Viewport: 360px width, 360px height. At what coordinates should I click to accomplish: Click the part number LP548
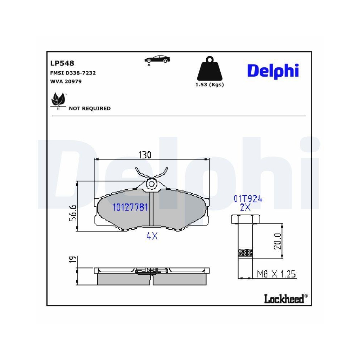pos(62,63)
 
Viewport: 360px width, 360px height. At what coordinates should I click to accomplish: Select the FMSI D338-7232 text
pos(73,73)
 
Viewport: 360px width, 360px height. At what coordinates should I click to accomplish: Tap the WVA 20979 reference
pos(66,81)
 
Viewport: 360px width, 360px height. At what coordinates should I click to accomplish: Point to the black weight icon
pos(210,69)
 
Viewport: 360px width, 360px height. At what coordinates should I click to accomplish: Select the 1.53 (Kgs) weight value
pos(210,85)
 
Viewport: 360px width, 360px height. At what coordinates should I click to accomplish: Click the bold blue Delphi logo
pos(273,71)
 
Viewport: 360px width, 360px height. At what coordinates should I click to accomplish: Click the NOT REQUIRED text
pos(90,108)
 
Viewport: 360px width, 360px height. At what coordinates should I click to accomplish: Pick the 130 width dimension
pos(145,155)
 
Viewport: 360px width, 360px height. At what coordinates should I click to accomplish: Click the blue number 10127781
pos(130,207)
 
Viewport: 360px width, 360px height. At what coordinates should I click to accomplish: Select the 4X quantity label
pos(152,236)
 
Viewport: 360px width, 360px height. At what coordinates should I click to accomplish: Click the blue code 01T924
pos(248,199)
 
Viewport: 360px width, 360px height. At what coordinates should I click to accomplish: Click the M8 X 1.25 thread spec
pos(276,274)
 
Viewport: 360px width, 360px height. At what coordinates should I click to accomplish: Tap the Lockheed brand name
pos(284,298)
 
